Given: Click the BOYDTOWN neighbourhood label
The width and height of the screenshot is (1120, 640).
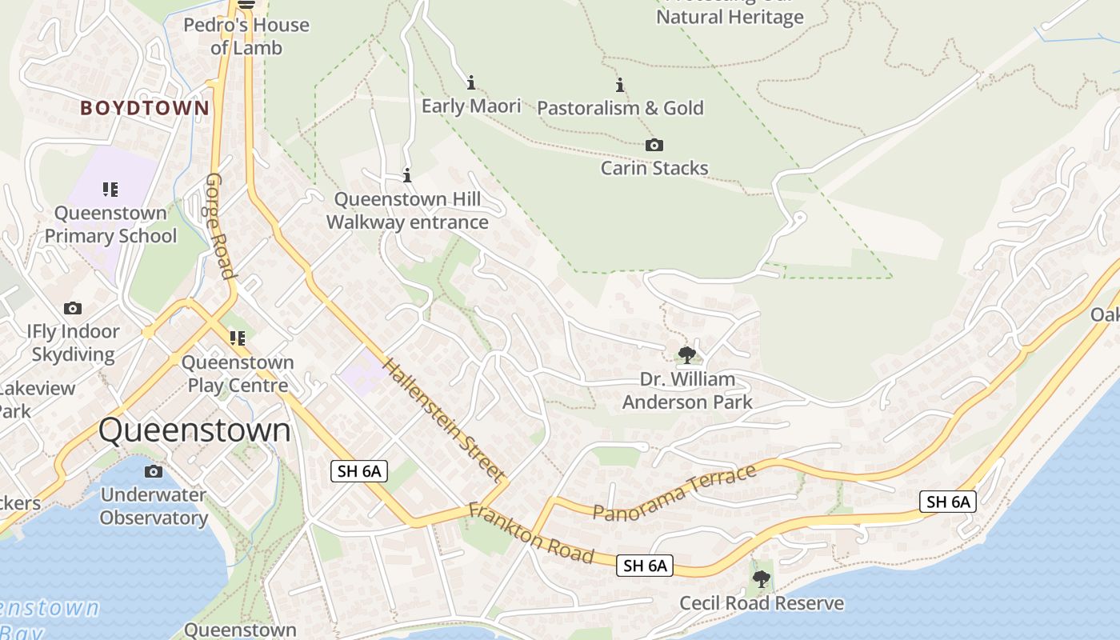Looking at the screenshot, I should tap(145, 108).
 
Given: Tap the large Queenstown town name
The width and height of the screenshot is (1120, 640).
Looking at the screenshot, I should tap(194, 430).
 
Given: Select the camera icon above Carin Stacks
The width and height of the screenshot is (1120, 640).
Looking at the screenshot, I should tap(654, 145).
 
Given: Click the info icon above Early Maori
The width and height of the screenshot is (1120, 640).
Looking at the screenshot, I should tap(471, 82).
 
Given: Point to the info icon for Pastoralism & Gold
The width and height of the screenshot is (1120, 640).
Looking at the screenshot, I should tap(619, 85).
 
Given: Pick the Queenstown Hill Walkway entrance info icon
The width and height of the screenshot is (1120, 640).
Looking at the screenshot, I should tap(407, 175).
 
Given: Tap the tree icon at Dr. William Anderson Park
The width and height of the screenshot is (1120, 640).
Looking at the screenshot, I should tap(686, 354).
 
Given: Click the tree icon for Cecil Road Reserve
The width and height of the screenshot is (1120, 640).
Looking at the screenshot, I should tap(762, 578).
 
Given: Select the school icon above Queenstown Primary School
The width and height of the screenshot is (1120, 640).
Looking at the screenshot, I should tap(110, 190).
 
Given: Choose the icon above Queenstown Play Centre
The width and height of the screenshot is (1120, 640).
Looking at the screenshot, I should tap(237, 338).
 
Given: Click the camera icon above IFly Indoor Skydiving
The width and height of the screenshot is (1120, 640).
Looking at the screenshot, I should tap(73, 308).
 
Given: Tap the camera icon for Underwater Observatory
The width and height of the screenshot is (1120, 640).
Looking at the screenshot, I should tap(154, 471).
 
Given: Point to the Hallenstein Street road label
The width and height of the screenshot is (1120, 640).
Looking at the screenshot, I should tap(444, 421).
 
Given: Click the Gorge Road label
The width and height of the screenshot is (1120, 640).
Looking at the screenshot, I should tap(222, 226).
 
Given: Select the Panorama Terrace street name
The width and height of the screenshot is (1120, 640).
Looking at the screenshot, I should tap(675, 493).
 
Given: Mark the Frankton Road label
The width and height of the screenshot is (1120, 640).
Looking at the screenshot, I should tap(531, 533).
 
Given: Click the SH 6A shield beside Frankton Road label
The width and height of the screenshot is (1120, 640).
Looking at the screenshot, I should tap(645, 566).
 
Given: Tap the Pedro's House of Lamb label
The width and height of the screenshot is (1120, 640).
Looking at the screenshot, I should tap(246, 36).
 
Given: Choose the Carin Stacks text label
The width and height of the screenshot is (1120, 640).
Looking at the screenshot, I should tap(654, 168).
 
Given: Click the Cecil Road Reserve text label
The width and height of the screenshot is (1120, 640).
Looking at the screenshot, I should tap(762, 602).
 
